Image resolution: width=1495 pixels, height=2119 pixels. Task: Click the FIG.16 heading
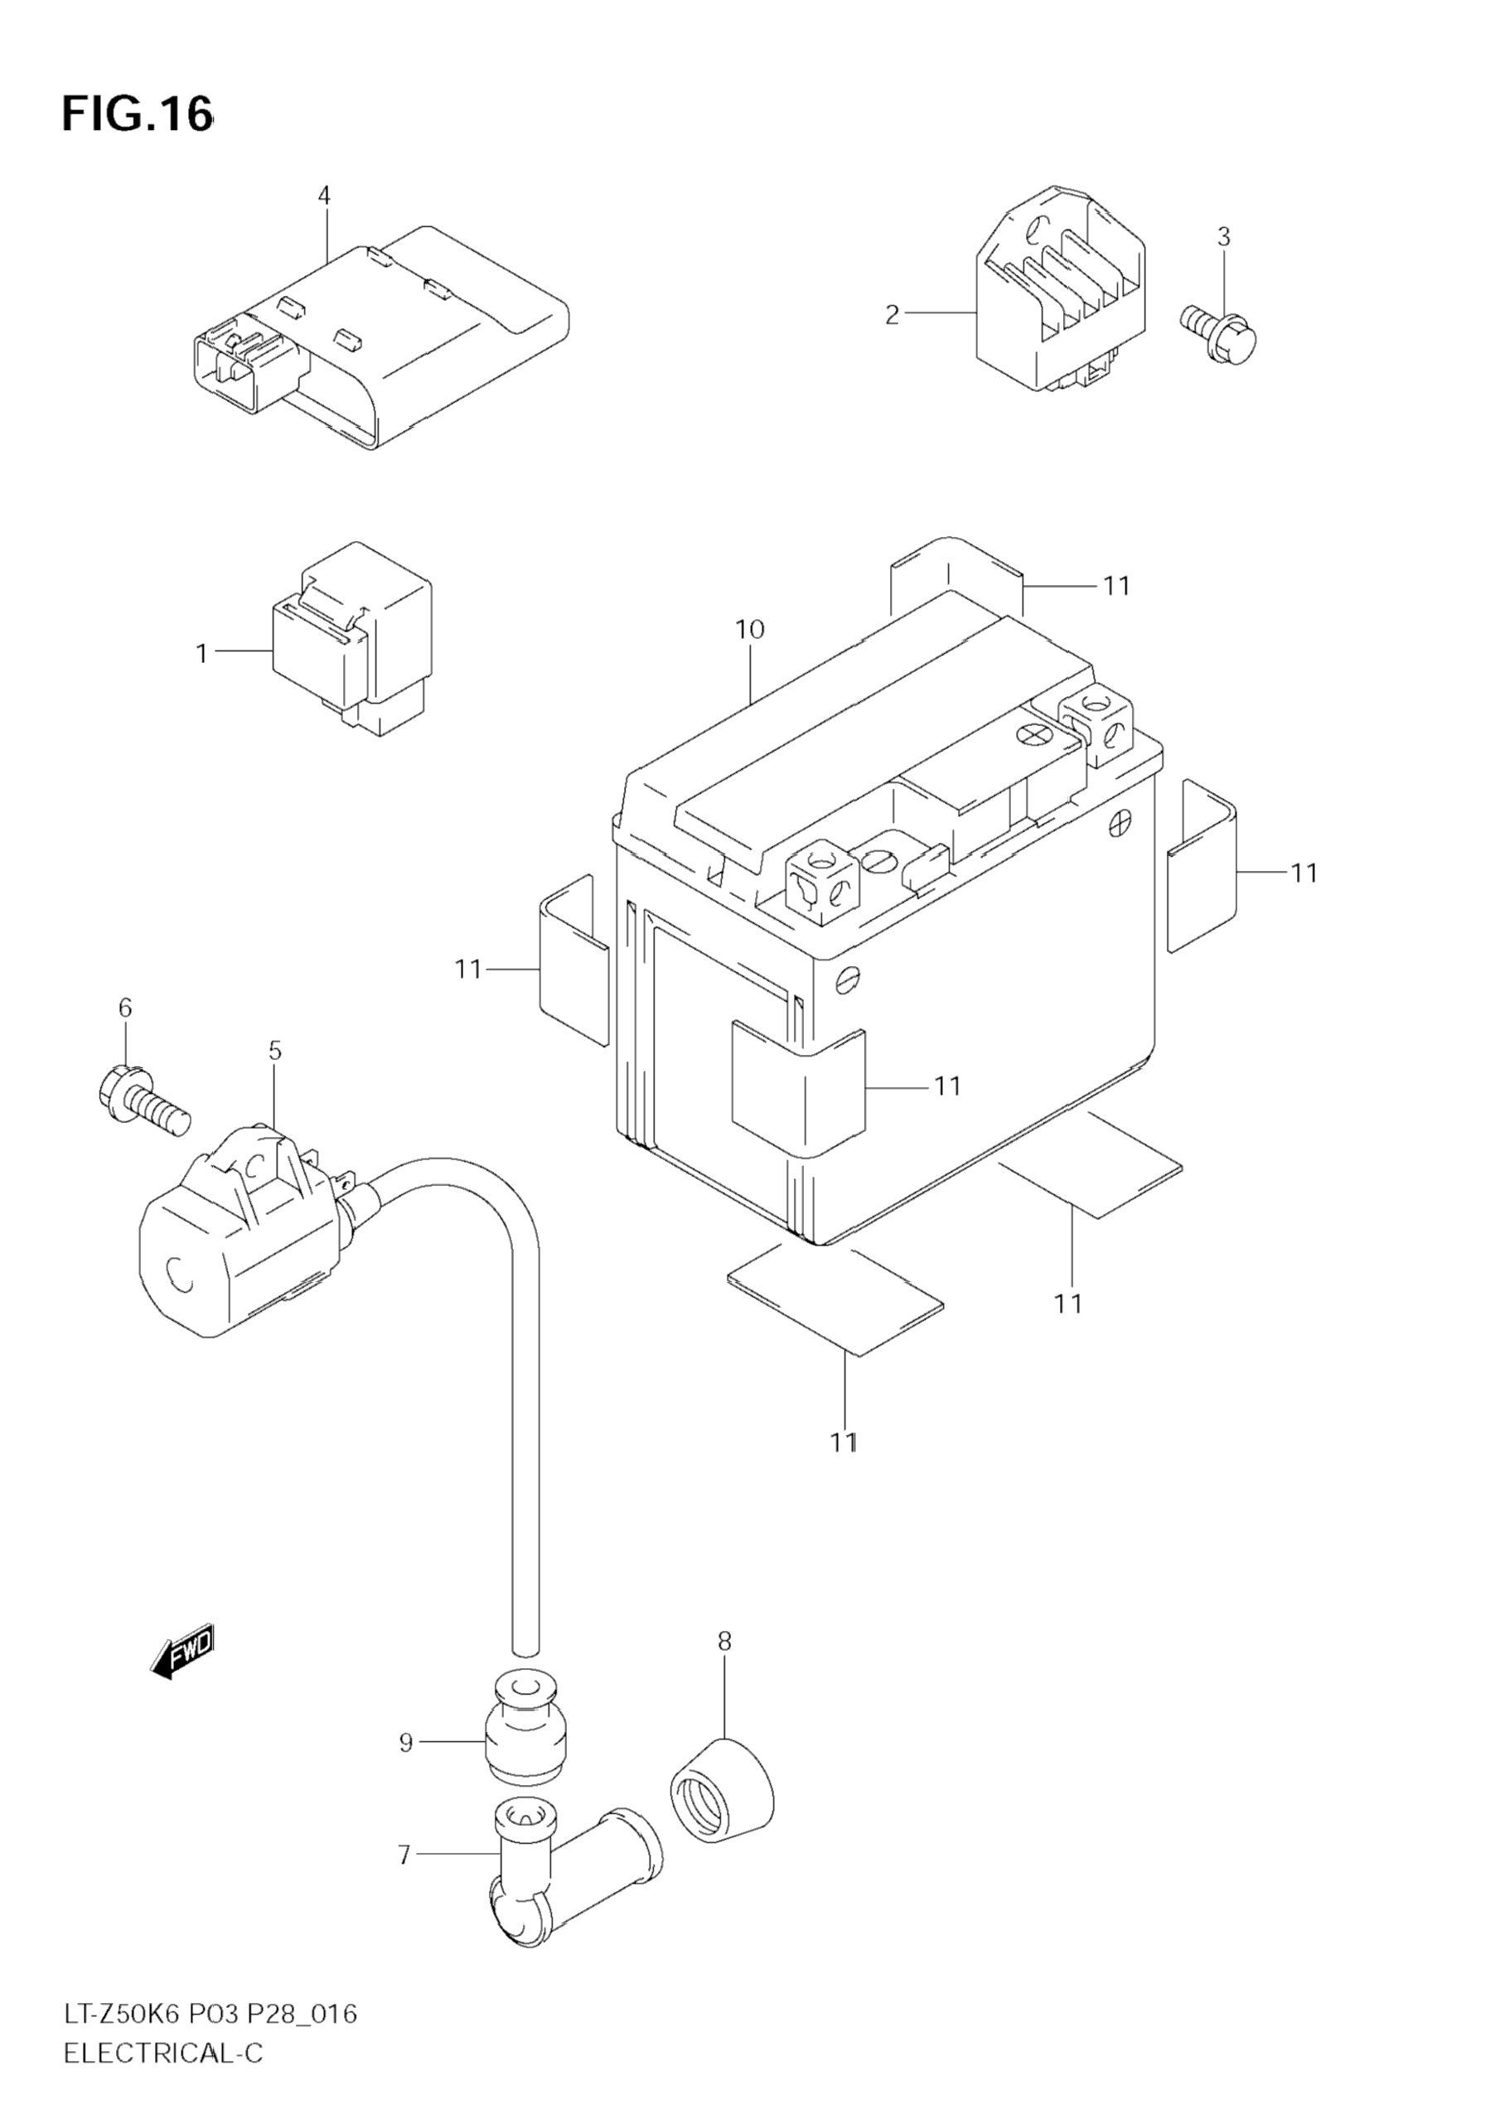click(x=137, y=114)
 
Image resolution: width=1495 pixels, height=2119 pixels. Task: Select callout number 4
click(x=324, y=195)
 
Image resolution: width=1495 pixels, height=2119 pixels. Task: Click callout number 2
click(x=892, y=315)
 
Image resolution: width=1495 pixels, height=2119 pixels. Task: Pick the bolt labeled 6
click(x=142, y=1098)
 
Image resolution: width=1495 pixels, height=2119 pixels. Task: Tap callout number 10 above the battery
click(x=749, y=630)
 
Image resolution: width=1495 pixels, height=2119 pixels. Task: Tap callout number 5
click(x=275, y=1050)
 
